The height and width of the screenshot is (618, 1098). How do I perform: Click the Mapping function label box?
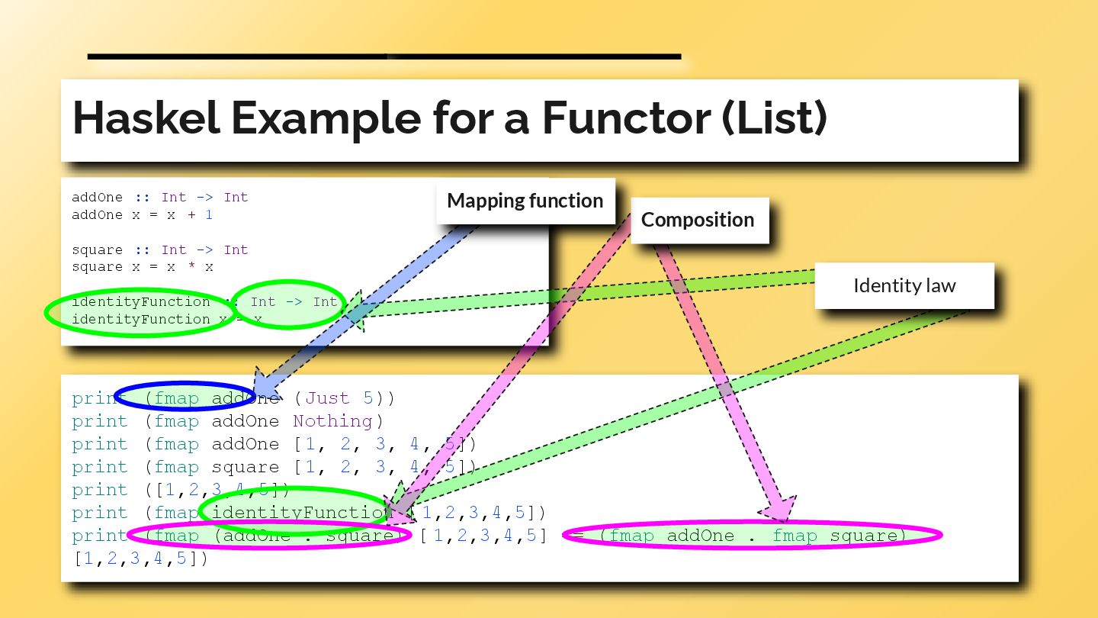coord(525,201)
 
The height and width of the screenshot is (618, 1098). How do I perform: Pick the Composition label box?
coord(697,220)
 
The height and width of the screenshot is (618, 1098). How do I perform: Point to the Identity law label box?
coord(904,286)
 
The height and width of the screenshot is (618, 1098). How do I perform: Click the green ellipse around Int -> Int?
coord(288,303)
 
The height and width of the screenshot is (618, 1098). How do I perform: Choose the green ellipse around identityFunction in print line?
coord(297,511)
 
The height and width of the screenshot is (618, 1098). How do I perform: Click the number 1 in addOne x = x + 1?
coord(209,215)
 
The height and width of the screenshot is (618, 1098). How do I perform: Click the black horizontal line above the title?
coord(384,56)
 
